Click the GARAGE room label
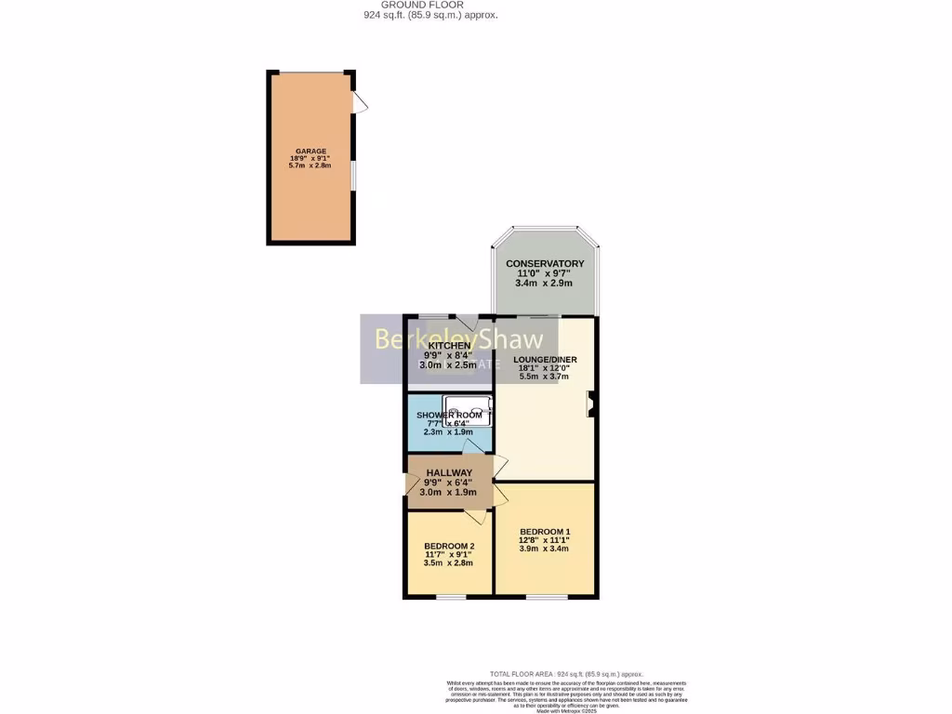[311, 151]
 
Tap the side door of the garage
[360, 103]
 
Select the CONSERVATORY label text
[545, 264]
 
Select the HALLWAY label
[449, 472]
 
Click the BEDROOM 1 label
[545, 531]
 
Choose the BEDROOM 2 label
[449, 546]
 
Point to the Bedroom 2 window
[451, 596]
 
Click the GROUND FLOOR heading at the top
[430, 4]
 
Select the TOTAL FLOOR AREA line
[566, 674]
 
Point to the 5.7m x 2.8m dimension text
[311, 165]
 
